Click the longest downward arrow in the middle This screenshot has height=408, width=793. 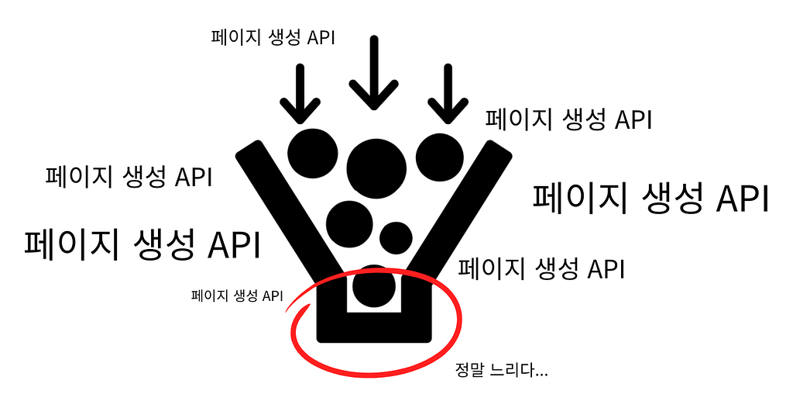pos(374,73)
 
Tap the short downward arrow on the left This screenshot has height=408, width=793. pos(300,94)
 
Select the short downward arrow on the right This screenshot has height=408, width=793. pos(448,94)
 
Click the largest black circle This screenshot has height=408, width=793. pos(377,168)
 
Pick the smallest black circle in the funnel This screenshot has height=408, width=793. pos(396,237)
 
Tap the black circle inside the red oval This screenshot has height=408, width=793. pos(374,287)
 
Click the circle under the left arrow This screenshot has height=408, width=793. pos(313,154)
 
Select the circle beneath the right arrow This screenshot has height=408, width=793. pos(440,157)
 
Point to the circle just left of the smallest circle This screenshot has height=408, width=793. pos(349,224)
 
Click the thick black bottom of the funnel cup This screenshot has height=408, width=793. pos(374,327)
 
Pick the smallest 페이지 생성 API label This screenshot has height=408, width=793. pos(237,296)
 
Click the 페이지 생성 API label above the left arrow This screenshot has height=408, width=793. pos(273,38)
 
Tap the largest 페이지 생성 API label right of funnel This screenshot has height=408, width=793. pos(651,199)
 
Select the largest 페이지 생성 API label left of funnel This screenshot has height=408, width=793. pos(142,244)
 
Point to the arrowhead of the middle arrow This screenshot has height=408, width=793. pos(374,96)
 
